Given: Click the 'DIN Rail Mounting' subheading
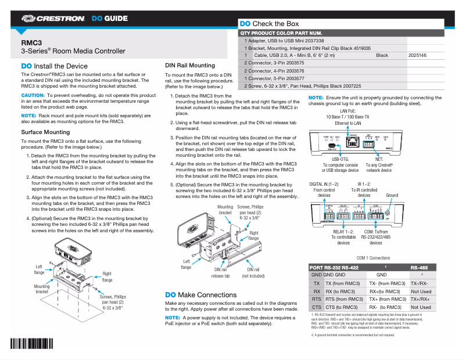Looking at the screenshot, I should coord(190,66).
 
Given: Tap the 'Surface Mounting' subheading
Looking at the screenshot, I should coord(45,132).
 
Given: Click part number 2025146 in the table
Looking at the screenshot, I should coord(417,55).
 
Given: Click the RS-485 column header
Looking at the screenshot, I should coord(419,268).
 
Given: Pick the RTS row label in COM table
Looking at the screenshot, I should coord(316,299).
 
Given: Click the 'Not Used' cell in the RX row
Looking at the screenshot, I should coord(421,291).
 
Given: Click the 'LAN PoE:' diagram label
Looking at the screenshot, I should coord(347,110).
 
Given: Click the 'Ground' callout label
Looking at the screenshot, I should coord(392,196).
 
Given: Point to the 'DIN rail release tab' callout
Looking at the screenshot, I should coord(220,273).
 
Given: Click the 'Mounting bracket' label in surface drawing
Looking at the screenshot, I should coord(42,289).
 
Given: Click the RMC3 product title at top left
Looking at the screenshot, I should coord(31,43).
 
